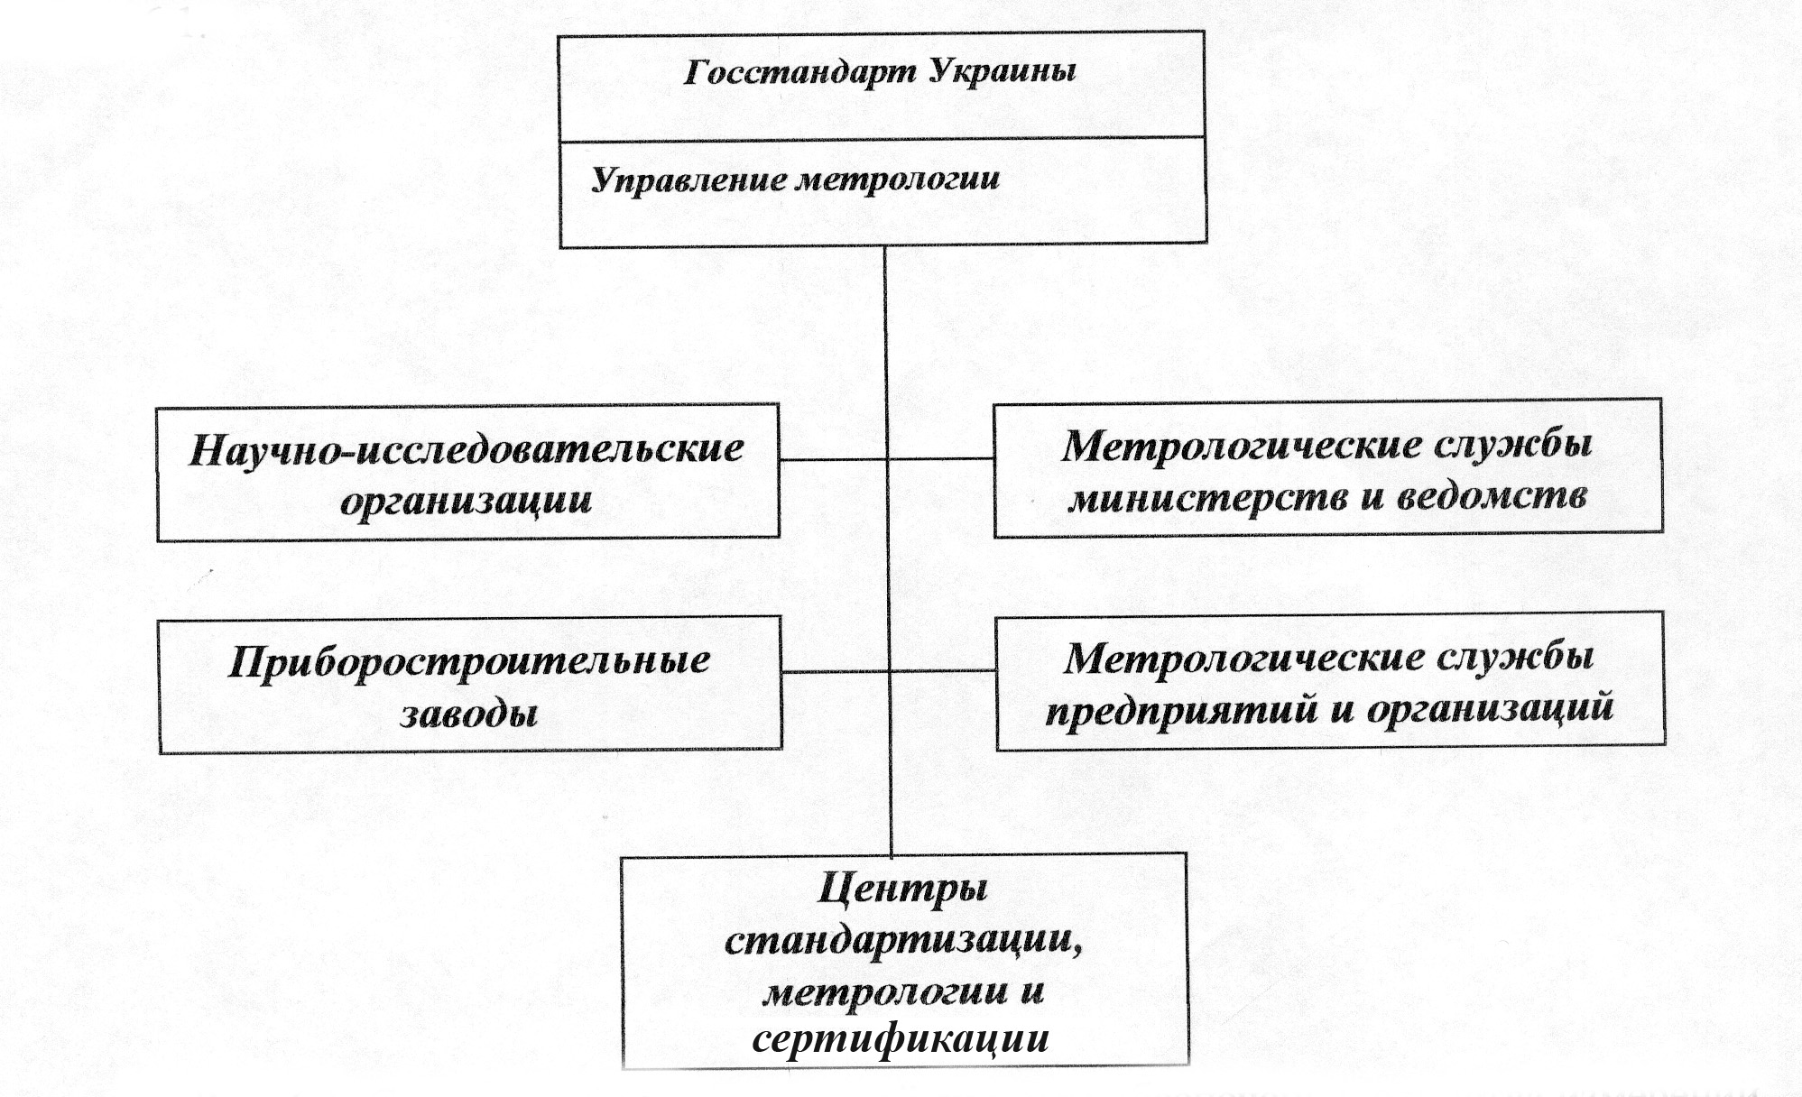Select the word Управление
click(x=688, y=180)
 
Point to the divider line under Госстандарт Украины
click(x=883, y=139)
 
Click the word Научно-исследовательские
click(x=467, y=449)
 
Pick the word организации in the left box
click(x=467, y=500)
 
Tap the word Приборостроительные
click(x=469, y=662)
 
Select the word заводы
click(x=469, y=714)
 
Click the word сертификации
click(x=901, y=1039)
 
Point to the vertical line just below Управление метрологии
click(x=884, y=298)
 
